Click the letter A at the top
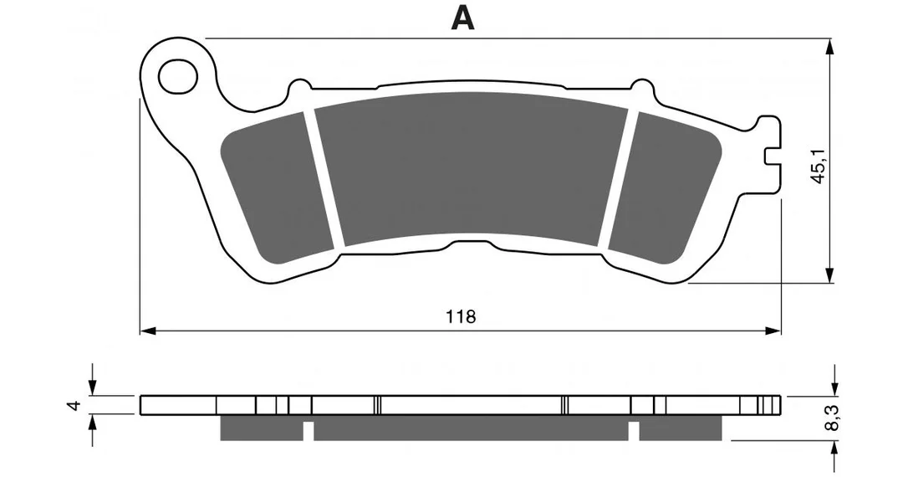(x=462, y=19)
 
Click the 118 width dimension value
(x=461, y=316)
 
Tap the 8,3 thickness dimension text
(x=834, y=418)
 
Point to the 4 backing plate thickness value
(x=73, y=406)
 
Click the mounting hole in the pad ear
(x=178, y=76)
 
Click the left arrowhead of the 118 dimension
(x=148, y=331)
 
